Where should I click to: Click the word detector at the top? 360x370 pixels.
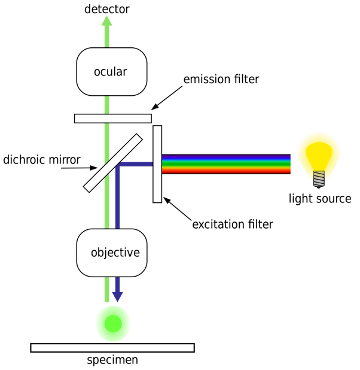[x=106, y=8]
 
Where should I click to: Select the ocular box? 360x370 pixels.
[x=111, y=72]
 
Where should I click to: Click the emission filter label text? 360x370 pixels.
[x=222, y=79]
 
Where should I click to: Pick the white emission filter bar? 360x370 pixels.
[x=112, y=118]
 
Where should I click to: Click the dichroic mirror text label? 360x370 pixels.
[x=42, y=160]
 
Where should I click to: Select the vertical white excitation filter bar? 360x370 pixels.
[x=157, y=163]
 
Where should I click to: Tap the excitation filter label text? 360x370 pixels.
[x=232, y=225]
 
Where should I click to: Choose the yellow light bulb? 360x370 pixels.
[x=319, y=154]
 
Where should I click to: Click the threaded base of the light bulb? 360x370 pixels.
[x=319, y=178]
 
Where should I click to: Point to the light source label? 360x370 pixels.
[x=320, y=198]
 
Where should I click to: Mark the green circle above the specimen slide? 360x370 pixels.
[x=112, y=323]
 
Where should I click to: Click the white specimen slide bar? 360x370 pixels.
[x=112, y=347]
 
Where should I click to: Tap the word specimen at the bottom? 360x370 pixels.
[x=112, y=360]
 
